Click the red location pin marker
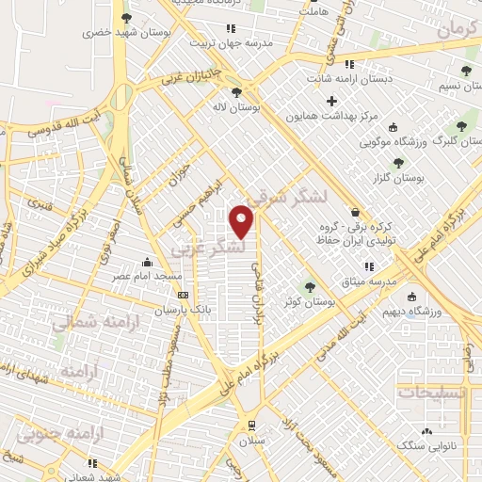point(242,221)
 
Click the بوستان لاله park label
point(234,108)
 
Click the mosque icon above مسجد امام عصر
point(146,263)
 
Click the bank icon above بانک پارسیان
point(184,295)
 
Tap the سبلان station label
point(249,441)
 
